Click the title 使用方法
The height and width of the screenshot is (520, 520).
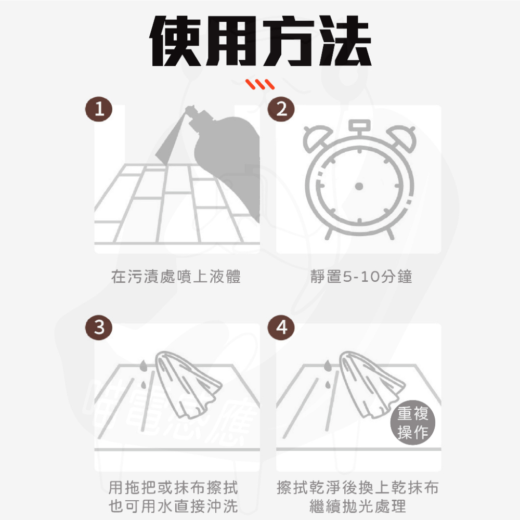pos(260,42)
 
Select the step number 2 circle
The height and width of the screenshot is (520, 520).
pos(281,110)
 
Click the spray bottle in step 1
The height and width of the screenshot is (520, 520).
pos(229,151)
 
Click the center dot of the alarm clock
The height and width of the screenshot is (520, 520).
pos(358,186)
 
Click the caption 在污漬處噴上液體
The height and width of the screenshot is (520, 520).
pos(176,277)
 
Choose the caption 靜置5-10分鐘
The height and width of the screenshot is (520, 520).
pos(361,277)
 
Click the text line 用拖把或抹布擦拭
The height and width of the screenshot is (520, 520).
pos(173,488)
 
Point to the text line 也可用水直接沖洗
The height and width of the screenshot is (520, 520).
pos(173,506)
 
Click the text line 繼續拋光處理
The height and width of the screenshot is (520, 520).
pos(358,506)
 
